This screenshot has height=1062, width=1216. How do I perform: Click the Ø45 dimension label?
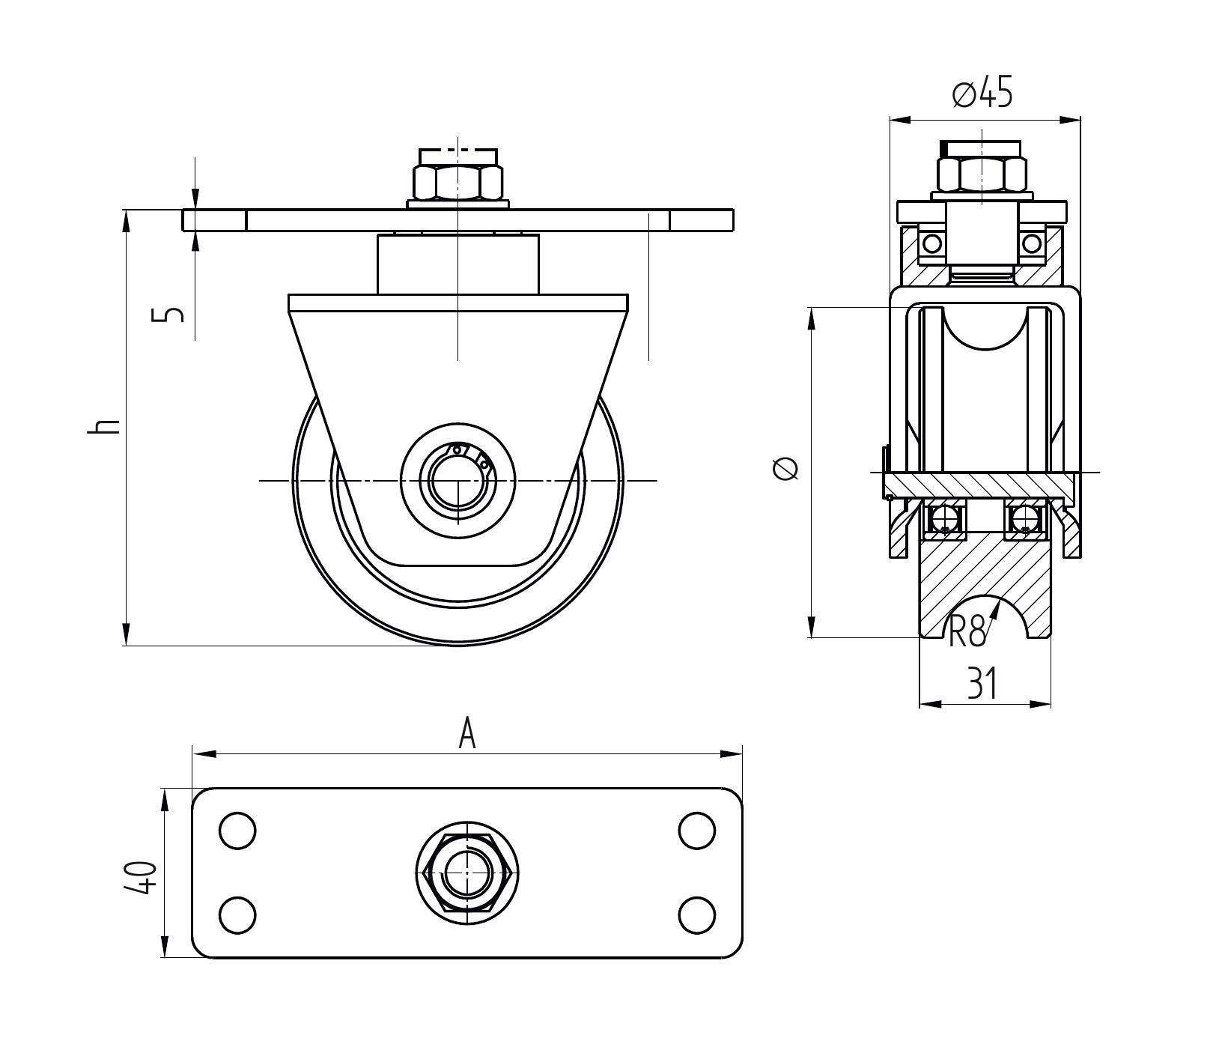982,94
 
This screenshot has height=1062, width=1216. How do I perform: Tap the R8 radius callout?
967,631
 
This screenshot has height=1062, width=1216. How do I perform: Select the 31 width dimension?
982,683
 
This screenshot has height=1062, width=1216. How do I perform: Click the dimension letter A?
467,733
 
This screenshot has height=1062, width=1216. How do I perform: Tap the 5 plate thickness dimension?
172,314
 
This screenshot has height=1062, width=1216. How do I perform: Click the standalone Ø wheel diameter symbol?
785,470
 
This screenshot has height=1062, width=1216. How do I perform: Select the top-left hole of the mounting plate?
237,830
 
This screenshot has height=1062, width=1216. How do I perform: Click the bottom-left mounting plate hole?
237,914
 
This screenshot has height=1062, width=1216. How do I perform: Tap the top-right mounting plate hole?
696,830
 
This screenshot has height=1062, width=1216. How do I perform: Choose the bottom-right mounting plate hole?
696,914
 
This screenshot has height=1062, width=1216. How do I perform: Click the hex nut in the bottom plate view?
467,873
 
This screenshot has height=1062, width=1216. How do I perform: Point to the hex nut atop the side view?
457,180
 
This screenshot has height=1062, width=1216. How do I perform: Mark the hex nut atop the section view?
981,174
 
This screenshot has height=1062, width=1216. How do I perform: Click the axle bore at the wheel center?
457,480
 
